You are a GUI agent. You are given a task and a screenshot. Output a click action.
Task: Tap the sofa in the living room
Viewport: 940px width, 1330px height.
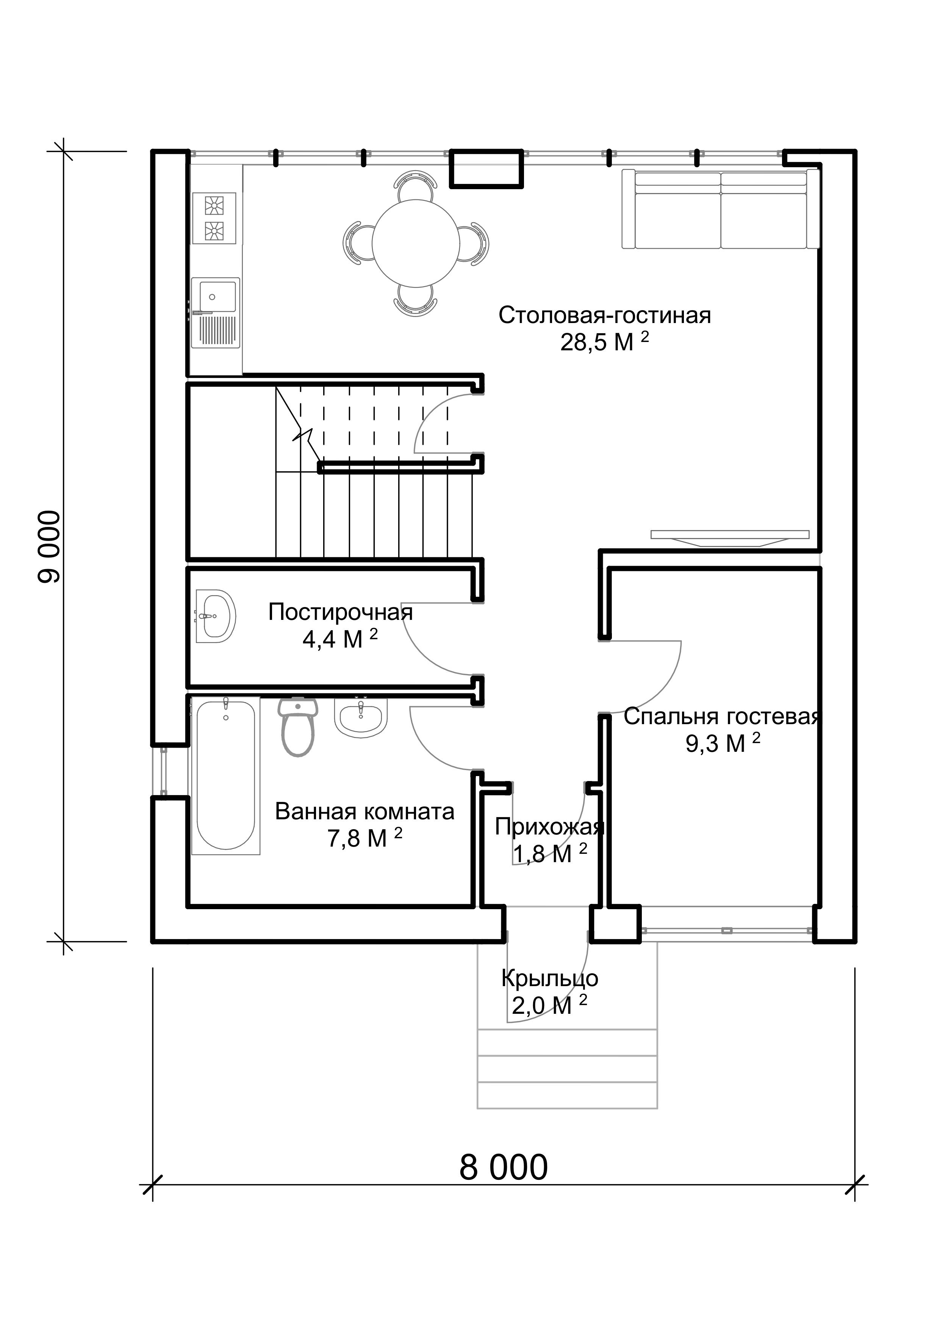tap(721, 209)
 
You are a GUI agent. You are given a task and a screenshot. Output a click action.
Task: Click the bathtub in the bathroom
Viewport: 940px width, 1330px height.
tap(226, 776)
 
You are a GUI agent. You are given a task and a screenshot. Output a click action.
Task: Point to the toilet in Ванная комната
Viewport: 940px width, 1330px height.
tap(298, 727)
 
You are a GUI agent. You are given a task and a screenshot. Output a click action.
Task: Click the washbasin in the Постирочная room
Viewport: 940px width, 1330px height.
tap(215, 616)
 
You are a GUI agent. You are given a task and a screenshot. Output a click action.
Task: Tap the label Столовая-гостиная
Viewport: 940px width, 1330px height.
tap(605, 316)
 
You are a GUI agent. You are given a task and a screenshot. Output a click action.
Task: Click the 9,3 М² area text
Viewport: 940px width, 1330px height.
tap(723, 743)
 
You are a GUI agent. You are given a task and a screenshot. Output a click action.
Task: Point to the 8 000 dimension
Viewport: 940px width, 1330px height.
tap(504, 1167)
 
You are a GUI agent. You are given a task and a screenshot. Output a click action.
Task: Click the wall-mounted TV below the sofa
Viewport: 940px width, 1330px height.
tap(730, 538)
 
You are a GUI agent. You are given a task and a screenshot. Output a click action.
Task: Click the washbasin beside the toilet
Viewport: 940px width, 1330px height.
tap(361, 717)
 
